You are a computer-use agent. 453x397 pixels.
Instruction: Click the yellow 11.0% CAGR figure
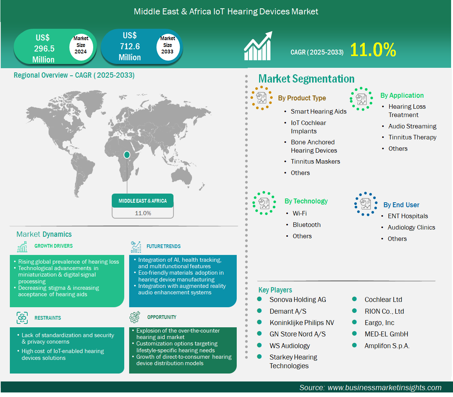373,50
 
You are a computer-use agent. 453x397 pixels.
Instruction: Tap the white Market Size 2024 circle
81,46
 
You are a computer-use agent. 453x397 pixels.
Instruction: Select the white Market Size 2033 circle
167,46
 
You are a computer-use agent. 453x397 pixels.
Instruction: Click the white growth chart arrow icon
258,46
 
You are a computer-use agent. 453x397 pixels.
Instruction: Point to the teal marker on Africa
127,155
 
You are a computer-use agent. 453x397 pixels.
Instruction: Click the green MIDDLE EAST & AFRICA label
143,201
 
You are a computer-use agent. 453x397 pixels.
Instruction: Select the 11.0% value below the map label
143,213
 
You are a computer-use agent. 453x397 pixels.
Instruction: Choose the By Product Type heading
302,98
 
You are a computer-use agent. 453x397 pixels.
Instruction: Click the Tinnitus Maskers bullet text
316,161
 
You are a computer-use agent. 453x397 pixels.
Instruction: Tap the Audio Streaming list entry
412,126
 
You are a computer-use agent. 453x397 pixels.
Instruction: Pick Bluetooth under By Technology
306,225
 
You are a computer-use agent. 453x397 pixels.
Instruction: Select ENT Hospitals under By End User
408,216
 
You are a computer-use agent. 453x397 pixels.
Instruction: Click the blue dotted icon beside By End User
366,204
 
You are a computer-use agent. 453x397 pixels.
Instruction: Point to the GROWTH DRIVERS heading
53,246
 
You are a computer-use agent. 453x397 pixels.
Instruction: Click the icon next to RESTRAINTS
22,318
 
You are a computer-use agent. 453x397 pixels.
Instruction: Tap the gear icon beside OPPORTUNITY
134,317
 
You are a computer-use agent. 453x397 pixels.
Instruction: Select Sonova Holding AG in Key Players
298,300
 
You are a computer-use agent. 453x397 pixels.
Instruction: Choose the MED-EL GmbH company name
386,334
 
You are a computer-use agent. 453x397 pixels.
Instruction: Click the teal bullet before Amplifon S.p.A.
355,345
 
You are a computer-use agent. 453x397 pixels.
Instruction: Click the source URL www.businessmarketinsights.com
384,388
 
